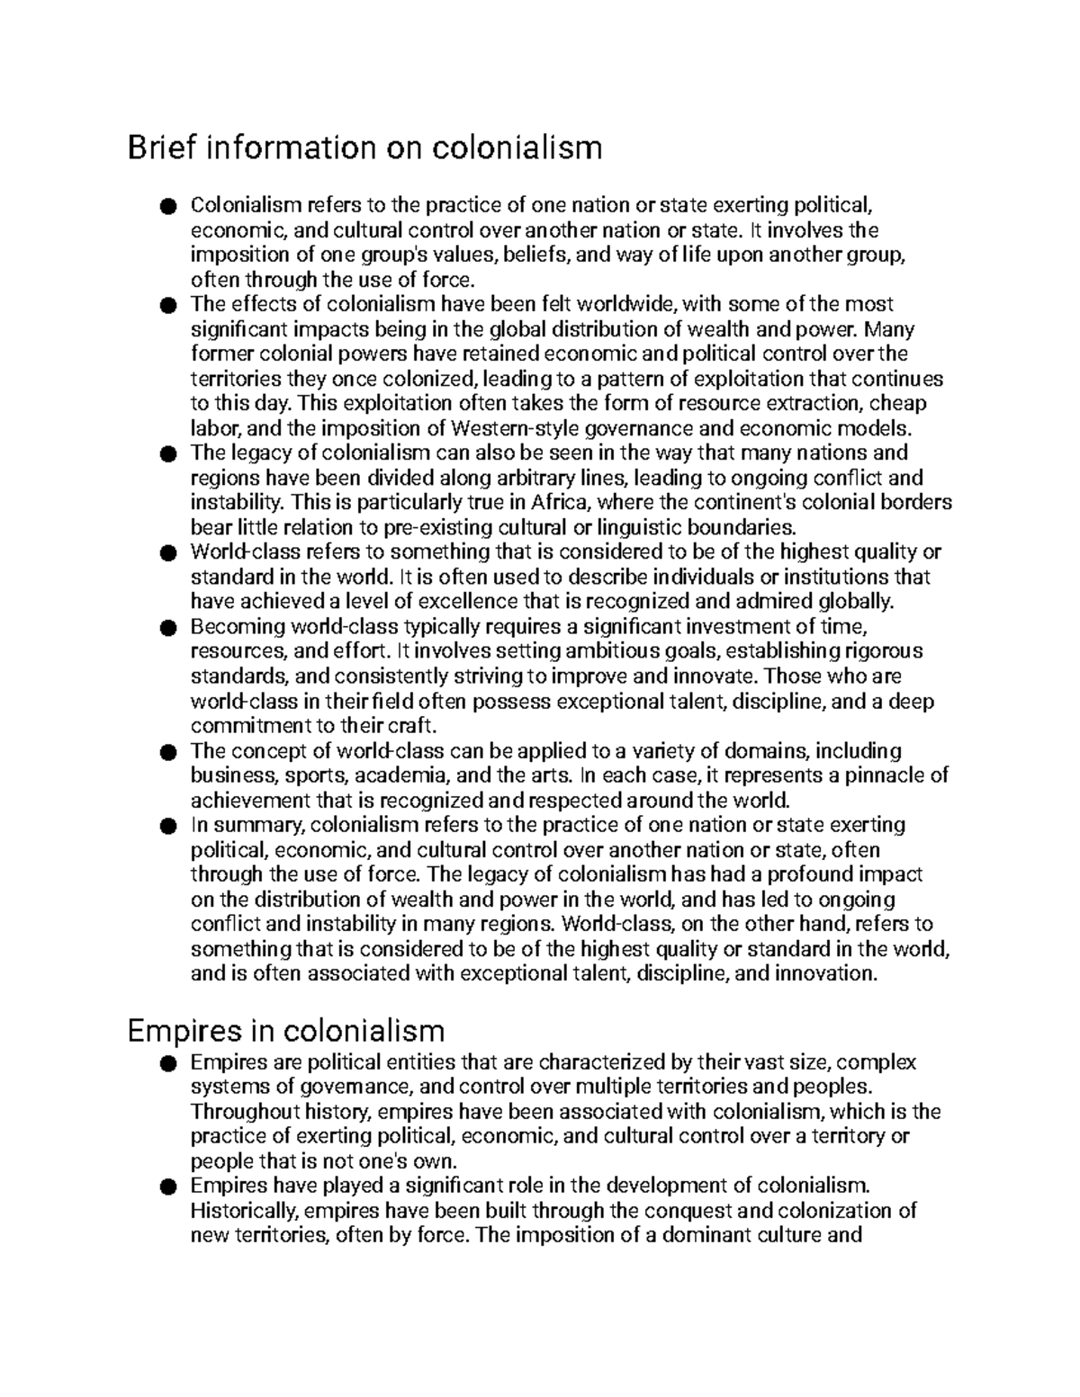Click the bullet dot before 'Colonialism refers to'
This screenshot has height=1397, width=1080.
[166, 207]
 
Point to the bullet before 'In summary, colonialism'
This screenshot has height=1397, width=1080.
[166, 826]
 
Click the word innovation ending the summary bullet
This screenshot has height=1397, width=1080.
[825, 973]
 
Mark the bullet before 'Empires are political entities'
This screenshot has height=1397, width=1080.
[166, 1063]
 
